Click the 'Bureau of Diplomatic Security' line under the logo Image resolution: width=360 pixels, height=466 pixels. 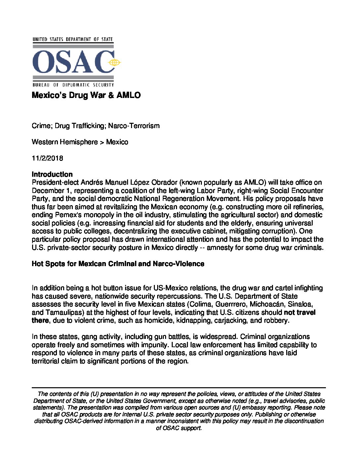coord(73,85)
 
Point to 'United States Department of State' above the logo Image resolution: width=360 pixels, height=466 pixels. coord(72,39)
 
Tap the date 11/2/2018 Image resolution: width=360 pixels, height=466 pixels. coord(47,158)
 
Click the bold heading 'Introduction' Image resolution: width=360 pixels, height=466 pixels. coord(52,174)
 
